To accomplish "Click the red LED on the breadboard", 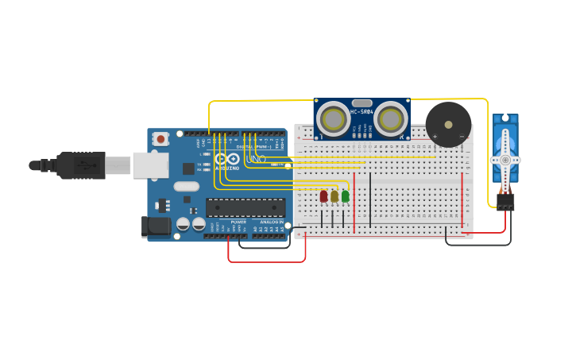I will coord(323,195).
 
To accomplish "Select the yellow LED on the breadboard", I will coord(334,195).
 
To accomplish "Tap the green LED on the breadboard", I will coord(345,195).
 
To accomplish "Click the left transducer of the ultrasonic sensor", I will coord(333,119).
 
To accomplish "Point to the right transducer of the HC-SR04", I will coord(390,119).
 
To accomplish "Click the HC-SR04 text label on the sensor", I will coord(361,111).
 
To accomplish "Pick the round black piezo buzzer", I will coord(448,124).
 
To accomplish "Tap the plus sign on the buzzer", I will coord(435,137).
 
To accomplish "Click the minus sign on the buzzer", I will coord(462,137).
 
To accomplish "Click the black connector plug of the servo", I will coord(505,202).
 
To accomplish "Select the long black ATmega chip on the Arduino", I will coord(245,207).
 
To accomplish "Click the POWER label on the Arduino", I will coord(238,222).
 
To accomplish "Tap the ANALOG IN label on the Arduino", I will coord(272,222).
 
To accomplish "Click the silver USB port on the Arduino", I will coord(150,165).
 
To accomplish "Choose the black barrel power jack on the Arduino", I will coord(157,226).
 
